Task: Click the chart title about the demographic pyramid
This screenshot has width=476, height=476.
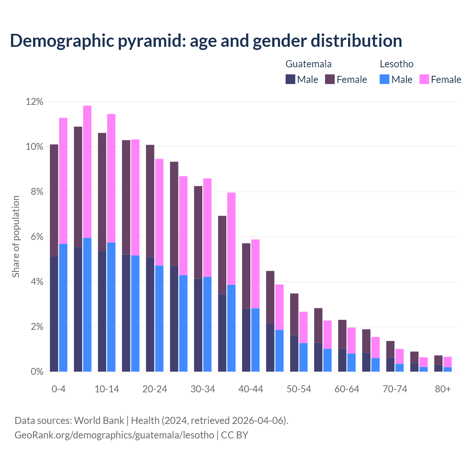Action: point(206,41)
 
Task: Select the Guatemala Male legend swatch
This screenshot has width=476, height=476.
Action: point(290,79)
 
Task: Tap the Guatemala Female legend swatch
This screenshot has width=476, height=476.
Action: point(330,79)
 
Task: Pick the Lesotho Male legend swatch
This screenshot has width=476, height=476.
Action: point(385,79)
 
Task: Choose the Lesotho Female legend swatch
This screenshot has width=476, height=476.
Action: point(424,79)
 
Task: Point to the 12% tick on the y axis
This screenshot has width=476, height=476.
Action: point(35,102)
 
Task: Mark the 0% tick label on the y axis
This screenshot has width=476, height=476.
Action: point(36,372)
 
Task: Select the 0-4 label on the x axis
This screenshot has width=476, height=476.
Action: point(59,389)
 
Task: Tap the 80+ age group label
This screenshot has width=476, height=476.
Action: point(443,389)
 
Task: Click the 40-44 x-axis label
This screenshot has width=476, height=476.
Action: point(251,389)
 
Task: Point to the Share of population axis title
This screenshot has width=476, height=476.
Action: point(16,237)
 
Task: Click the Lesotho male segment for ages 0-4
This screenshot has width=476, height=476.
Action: point(63,308)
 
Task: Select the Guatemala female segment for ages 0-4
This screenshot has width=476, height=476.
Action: point(54,200)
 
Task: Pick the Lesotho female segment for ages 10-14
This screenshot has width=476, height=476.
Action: point(111,178)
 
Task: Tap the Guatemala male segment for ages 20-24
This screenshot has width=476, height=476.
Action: point(150,314)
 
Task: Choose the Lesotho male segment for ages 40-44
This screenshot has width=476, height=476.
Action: point(255,340)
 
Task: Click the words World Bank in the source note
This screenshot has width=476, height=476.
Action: point(99,421)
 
